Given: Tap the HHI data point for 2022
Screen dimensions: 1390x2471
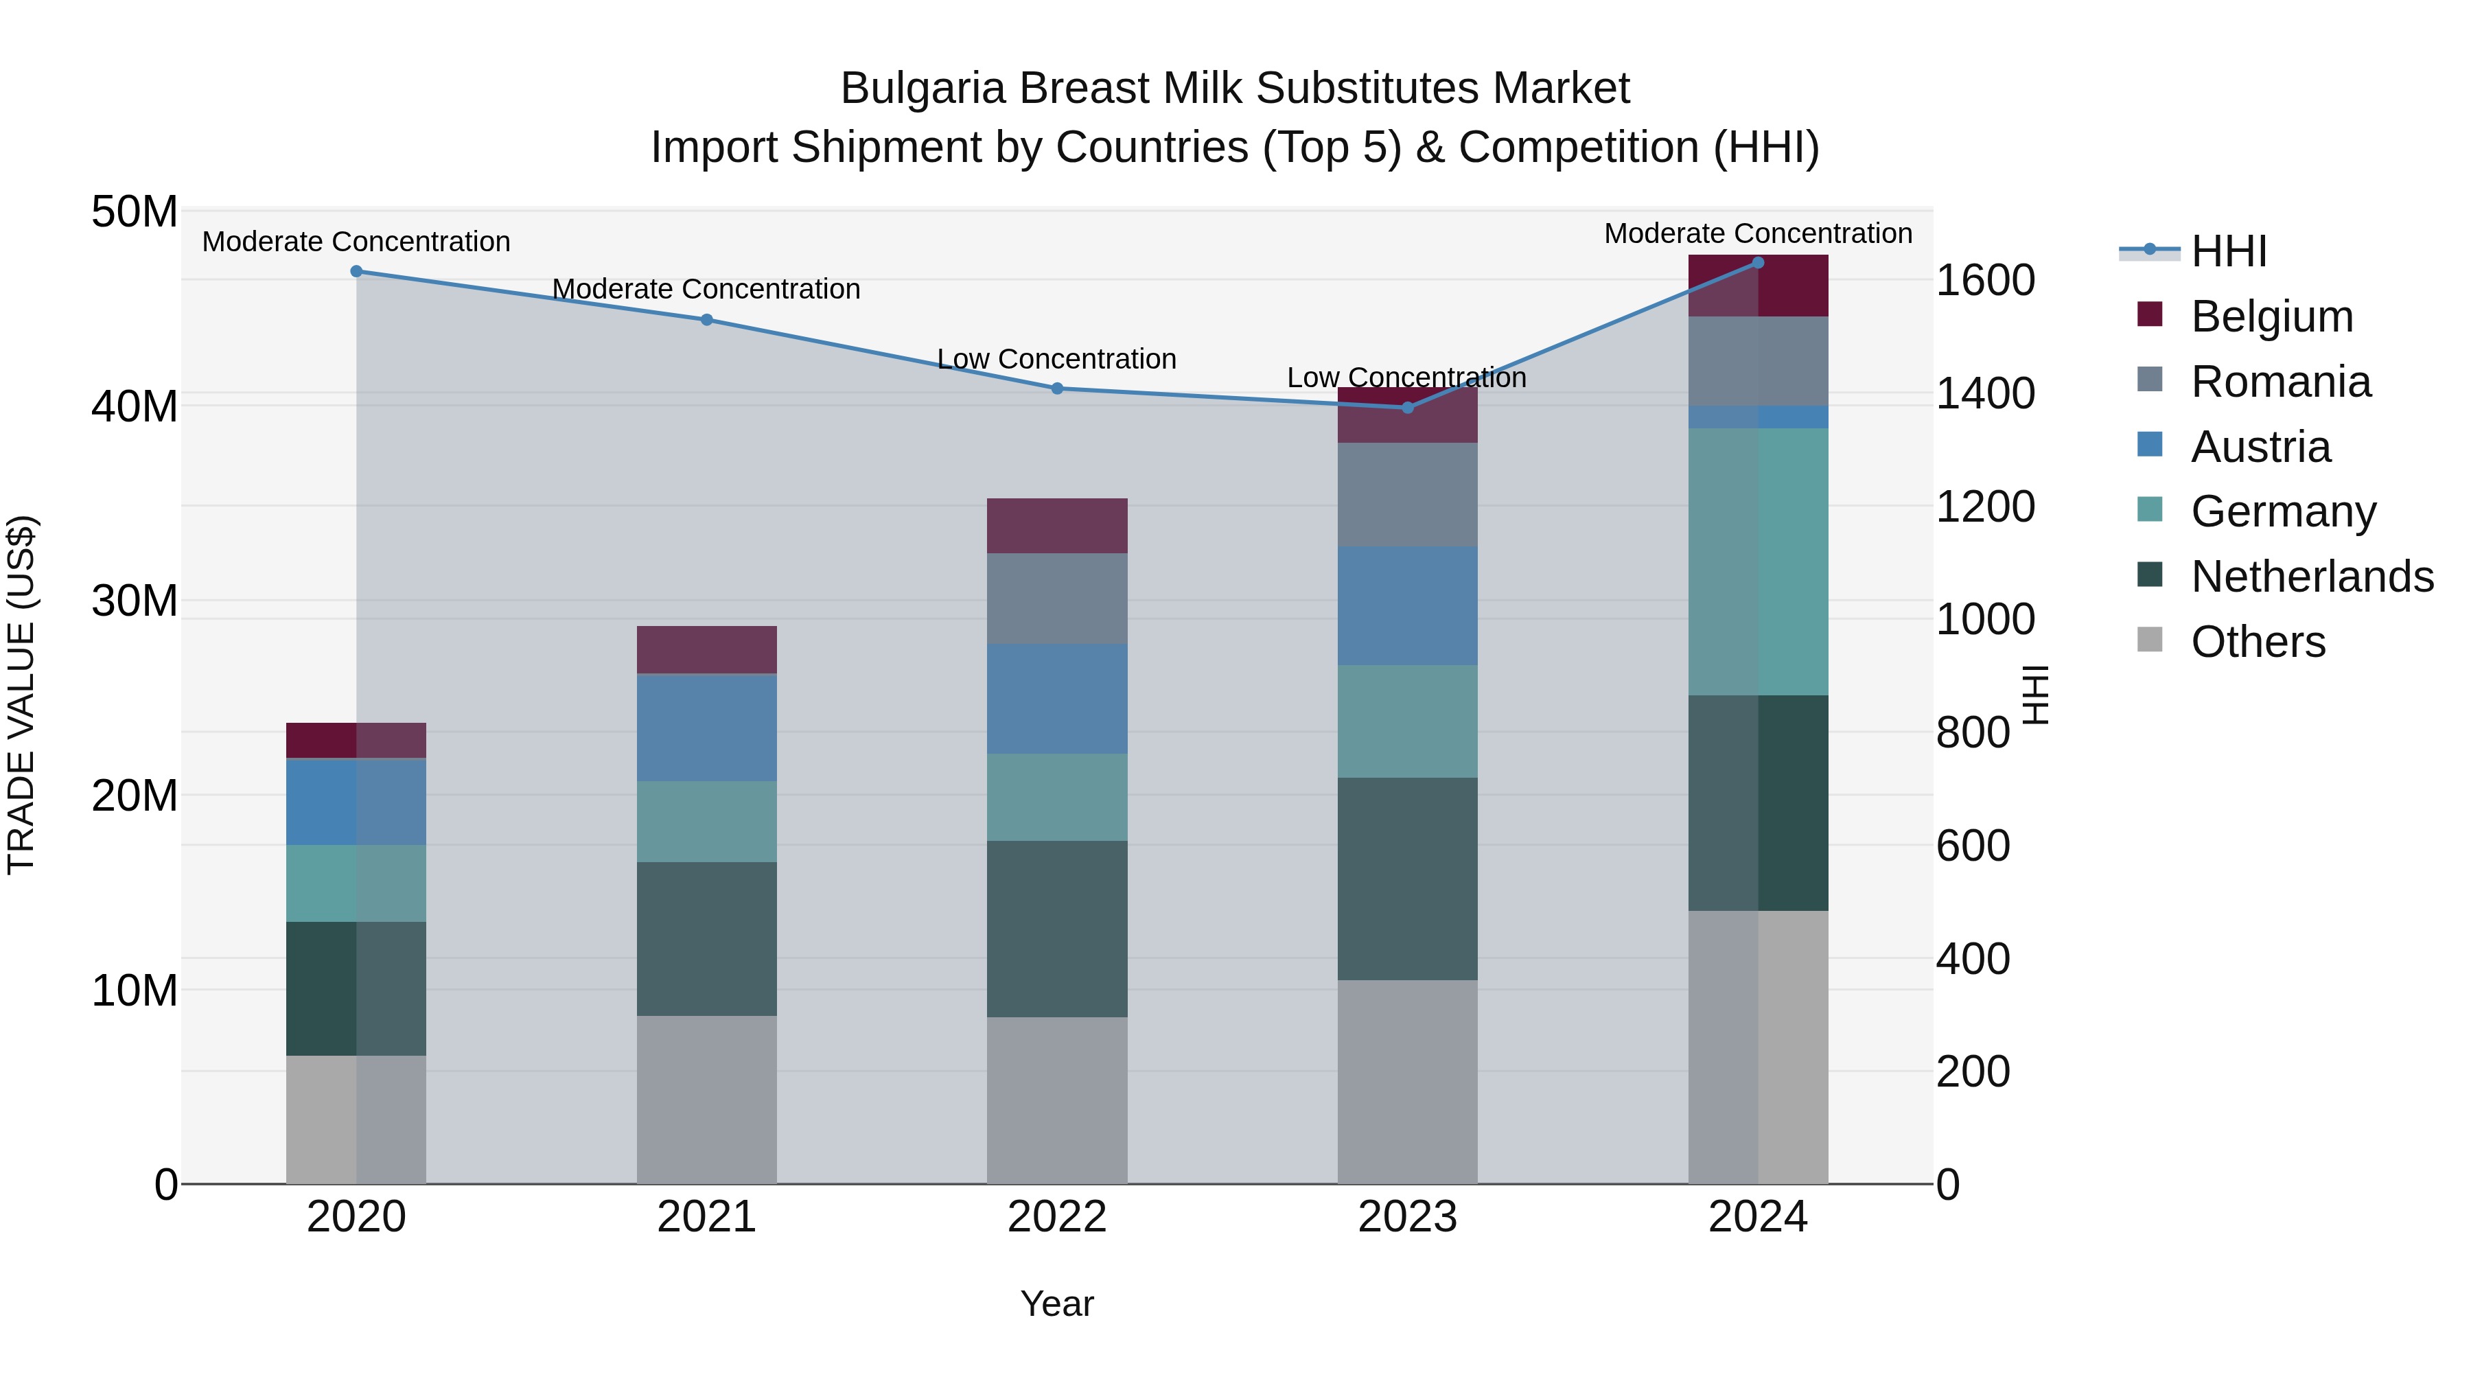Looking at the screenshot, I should (1057, 389).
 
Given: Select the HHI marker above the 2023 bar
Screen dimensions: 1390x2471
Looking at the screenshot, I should (1407, 408).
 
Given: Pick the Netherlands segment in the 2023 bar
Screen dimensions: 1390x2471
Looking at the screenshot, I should (1407, 878).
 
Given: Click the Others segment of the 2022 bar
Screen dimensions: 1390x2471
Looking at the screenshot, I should (1057, 1100).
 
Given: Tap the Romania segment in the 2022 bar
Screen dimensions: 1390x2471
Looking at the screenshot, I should (1057, 599).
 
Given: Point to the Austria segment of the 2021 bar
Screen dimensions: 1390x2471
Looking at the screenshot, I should (706, 728).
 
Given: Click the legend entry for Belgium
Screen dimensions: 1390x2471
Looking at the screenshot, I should (2271, 316).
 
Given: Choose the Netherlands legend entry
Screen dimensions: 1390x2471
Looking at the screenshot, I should (2312, 577).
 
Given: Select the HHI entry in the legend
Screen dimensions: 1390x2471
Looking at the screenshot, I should (2228, 251).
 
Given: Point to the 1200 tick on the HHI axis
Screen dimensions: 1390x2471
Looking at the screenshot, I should (1984, 507).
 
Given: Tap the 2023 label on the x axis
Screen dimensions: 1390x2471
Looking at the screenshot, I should (1407, 1217).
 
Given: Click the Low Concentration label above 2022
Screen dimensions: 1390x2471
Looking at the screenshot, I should (1056, 359).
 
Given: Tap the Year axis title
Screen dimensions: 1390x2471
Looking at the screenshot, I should (1056, 1304).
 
